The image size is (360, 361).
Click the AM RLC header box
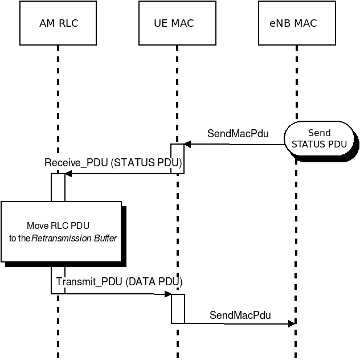click(58, 23)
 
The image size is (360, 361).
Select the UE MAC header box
click(177, 23)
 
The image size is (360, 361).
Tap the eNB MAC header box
click(297, 23)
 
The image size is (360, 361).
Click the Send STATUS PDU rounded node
click(319, 138)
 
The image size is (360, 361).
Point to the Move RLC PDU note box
click(62, 232)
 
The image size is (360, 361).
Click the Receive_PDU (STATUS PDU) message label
click(113, 162)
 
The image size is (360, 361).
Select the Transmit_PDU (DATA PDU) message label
click(119, 282)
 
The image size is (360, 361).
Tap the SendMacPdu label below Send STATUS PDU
click(238, 134)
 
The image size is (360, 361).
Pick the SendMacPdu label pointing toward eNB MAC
click(240, 315)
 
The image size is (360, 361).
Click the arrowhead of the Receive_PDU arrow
click(68, 174)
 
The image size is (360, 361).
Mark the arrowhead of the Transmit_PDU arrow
click(168, 294)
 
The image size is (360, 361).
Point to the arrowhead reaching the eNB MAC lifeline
click(292, 323)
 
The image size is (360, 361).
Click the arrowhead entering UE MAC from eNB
click(187, 145)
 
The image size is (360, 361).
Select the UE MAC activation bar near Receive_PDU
click(177, 159)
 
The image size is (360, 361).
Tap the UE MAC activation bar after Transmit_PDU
click(178, 309)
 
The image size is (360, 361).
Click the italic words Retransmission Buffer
click(74, 238)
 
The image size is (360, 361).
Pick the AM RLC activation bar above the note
click(58, 187)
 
